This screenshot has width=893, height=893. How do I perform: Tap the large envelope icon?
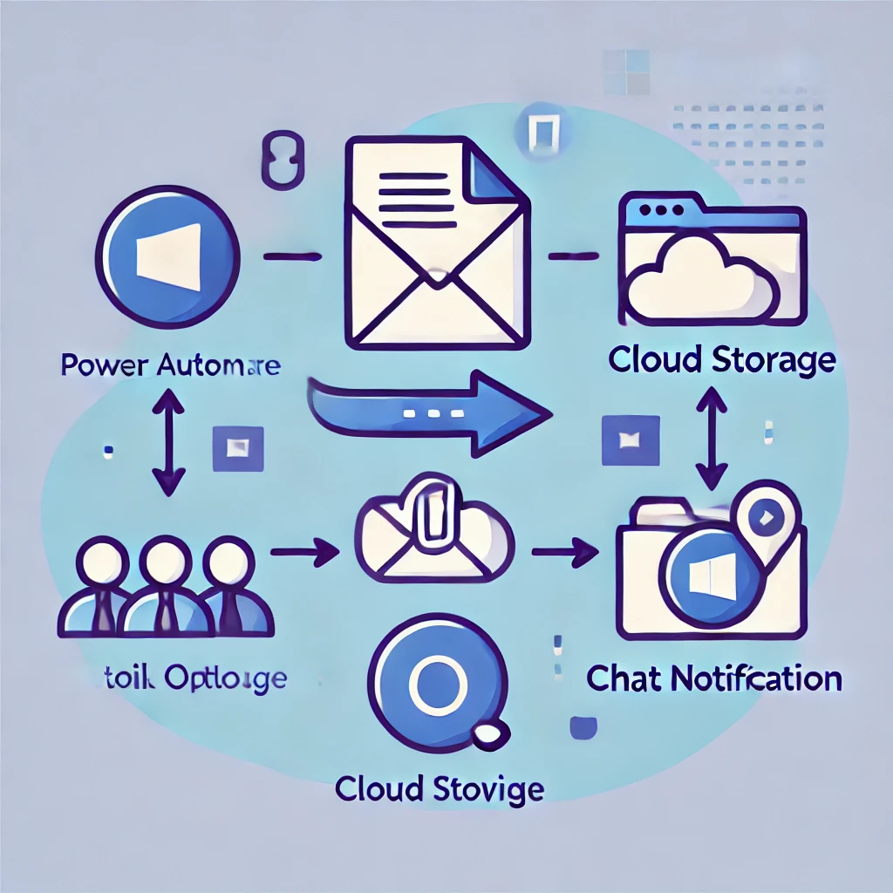click(437, 262)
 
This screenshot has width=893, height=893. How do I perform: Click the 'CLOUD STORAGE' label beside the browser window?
click(721, 360)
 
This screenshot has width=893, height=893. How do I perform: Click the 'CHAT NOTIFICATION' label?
click(714, 678)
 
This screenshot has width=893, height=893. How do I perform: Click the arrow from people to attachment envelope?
click(304, 551)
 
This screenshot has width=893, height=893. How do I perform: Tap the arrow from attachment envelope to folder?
click(564, 551)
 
